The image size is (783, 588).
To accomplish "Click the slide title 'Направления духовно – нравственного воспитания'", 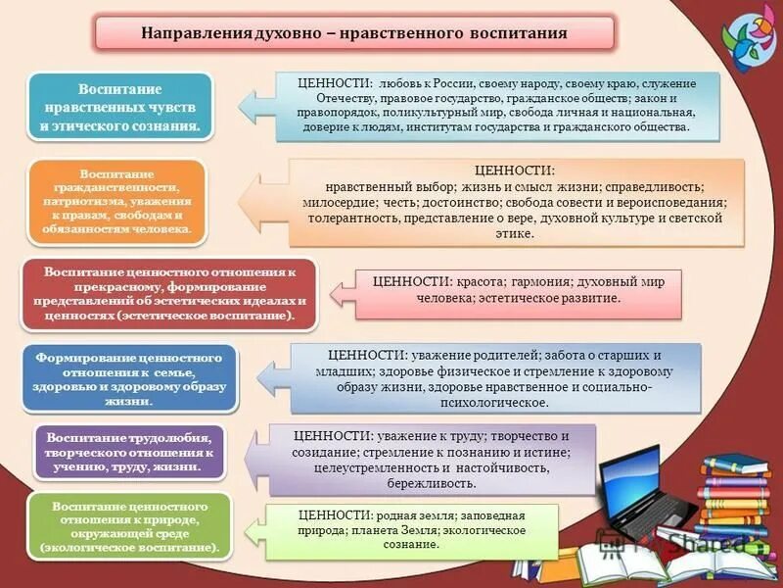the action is pos(353,32).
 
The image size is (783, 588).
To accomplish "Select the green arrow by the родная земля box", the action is pos(253,530).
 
